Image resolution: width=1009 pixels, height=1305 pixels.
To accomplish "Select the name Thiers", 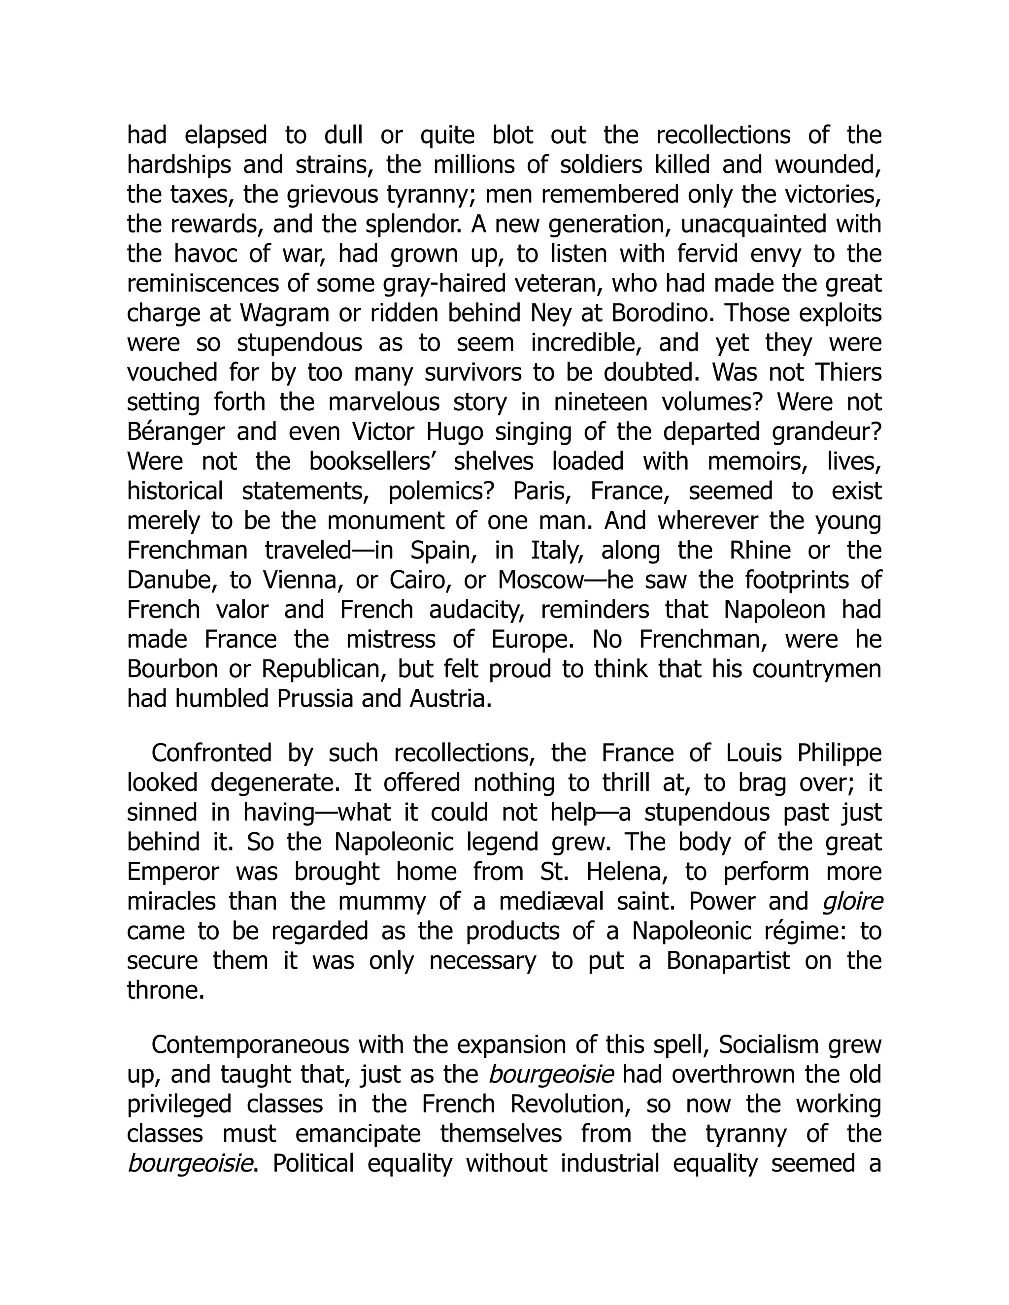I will coord(848,373).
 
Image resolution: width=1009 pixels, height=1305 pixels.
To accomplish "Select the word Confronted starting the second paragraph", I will coord(211,753).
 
